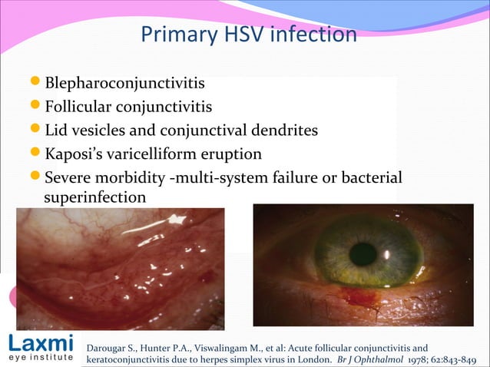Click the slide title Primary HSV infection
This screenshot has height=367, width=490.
pyautogui.click(x=249, y=35)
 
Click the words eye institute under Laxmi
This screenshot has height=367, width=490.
pyautogui.click(x=40, y=357)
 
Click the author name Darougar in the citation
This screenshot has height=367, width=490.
pyautogui.click(x=110, y=343)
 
